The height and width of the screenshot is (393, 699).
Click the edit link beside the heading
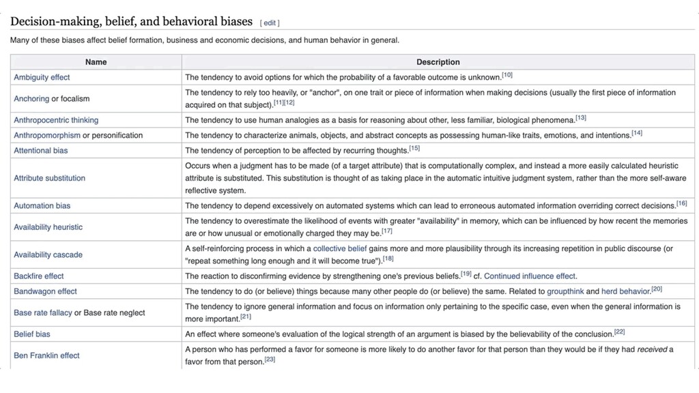tap(270, 23)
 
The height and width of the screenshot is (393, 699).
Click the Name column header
tap(96, 62)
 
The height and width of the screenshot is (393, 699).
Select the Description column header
tap(438, 62)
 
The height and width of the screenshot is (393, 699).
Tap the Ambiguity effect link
tap(42, 78)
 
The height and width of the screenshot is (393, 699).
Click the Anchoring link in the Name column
tap(31, 99)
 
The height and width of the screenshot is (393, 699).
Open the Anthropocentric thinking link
tap(56, 120)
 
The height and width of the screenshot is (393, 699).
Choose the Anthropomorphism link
tap(47, 135)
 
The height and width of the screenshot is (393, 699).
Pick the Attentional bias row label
tap(41, 150)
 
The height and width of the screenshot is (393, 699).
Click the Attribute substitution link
tap(50, 178)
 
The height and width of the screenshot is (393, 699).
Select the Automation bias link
tap(42, 205)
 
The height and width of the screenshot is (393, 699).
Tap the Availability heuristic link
tap(48, 227)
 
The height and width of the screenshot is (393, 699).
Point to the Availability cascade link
tap(48, 254)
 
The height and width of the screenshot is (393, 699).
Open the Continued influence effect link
tap(530, 276)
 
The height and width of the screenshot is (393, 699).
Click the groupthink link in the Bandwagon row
tap(565, 291)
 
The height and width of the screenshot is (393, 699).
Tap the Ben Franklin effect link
tap(46, 355)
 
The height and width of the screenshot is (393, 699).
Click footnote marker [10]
tap(507, 75)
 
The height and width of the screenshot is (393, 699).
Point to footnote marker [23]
tap(270, 360)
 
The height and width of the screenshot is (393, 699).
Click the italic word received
tap(652, 349)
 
